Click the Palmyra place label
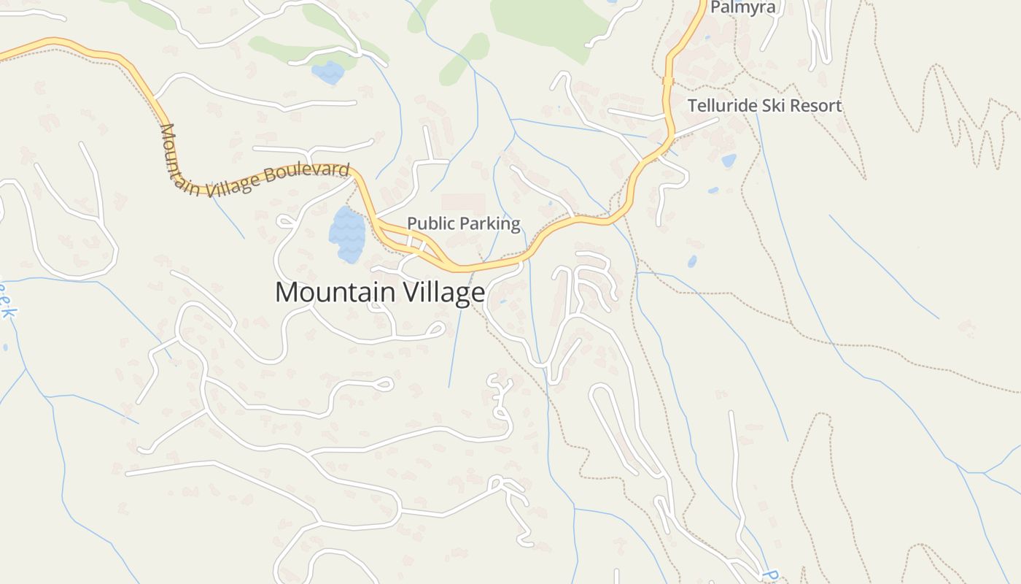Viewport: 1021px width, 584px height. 743,8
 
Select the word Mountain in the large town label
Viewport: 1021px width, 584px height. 333,293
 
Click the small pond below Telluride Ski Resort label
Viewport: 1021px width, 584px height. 729,161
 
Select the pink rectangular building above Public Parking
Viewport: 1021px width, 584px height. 463,203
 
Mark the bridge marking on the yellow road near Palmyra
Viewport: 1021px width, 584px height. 667,80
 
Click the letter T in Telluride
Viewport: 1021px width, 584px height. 693,106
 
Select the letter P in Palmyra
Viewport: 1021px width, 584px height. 715,8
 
